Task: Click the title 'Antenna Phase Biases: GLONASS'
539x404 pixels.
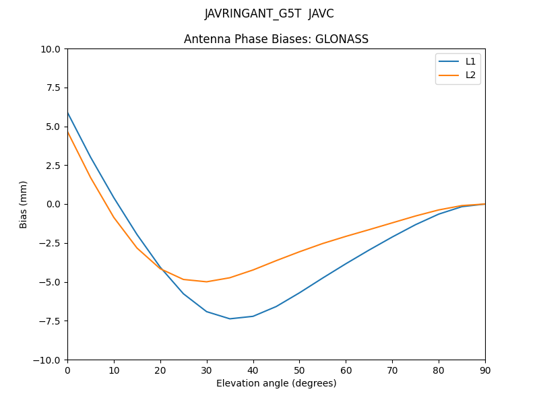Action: coord(276,39)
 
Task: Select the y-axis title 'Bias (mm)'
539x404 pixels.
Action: coord(24,204)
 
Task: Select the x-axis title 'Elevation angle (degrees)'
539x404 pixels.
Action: coord(276,383)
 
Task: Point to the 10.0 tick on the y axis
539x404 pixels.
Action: coord(51,49)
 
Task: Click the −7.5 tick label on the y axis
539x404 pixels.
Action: coord(49,321)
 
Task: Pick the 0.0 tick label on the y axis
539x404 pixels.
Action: coord(53,205)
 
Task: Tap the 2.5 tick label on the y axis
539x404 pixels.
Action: coord(53,166)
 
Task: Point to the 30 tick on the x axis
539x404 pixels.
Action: coord(207,370)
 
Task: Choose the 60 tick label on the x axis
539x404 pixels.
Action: coord(346,370)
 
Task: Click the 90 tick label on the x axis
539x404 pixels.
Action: coord(485,370)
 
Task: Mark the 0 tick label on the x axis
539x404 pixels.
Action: coord(67,370)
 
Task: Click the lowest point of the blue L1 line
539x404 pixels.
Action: coord(230,318)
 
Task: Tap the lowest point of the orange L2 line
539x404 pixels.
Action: coord(206,281)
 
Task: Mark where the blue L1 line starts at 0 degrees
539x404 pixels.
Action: coord(67,112)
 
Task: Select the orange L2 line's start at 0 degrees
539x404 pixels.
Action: coord(67,132)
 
